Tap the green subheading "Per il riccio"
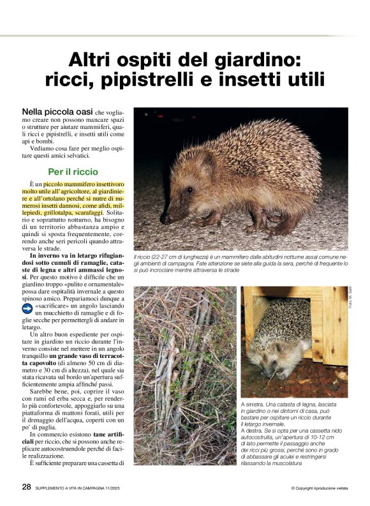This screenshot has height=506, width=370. coord(73,172)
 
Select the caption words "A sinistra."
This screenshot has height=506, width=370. coord(253,405)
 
